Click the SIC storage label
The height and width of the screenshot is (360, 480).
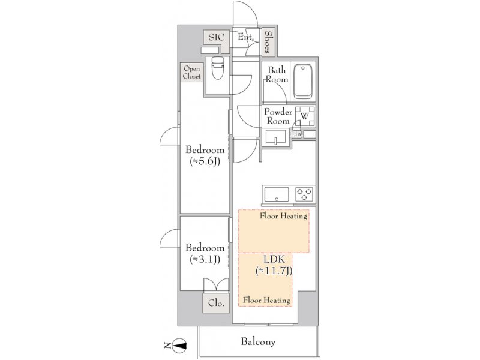tap(217, 37)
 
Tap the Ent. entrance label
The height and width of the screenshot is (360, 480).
tap(246, 37)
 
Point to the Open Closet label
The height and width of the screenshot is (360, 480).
tap(192, 72)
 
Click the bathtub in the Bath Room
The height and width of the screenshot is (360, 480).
tap(303, 82)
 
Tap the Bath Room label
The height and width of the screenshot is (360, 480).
tap(277, 74)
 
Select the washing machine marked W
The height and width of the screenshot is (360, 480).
tap(305, 116)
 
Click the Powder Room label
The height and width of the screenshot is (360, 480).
tap(278, 116)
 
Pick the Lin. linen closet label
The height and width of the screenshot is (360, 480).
tap(296, 134)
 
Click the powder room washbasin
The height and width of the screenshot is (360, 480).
tap(276, 137)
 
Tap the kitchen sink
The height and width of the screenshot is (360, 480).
tap(277, 194)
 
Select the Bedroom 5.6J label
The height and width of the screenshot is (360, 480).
tap(205, 155)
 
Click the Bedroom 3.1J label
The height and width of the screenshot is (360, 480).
tap(205, 253)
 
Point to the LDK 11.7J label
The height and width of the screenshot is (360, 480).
tap(274, 265)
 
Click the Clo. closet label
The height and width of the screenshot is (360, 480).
tap(216, 303)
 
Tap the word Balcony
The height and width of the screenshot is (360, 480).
tap(258, 341)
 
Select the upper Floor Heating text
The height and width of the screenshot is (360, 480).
tap(283, 216)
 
